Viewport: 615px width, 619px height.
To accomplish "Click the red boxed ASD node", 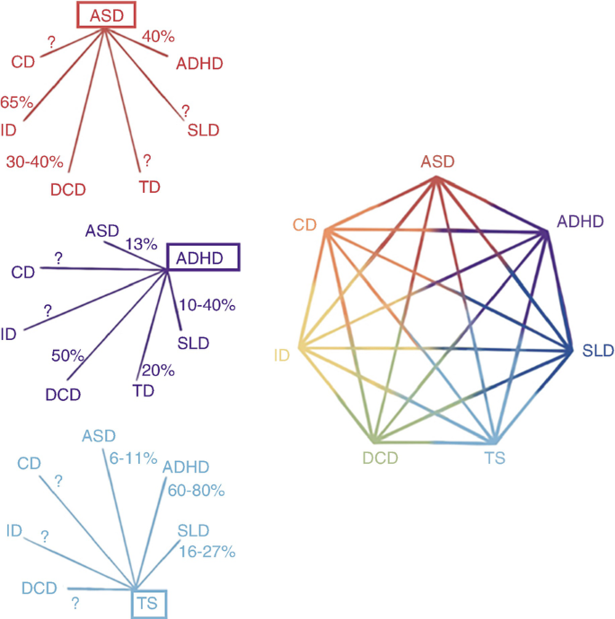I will [105, 14].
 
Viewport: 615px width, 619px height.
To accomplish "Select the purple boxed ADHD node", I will [204, 259].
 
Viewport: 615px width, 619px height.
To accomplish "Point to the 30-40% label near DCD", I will [34, 162].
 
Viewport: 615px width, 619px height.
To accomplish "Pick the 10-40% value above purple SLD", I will [207, 305].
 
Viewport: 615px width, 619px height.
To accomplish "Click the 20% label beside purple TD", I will [159, 370].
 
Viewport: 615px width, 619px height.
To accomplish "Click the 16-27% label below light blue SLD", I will [207, 552].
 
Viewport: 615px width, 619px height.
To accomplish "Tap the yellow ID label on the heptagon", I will [282, 356].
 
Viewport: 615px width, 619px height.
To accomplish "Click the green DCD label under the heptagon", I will [380, 458].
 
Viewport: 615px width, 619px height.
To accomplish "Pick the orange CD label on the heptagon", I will [305, 224].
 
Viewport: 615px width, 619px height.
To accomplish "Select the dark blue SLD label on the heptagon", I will [597, 351].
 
